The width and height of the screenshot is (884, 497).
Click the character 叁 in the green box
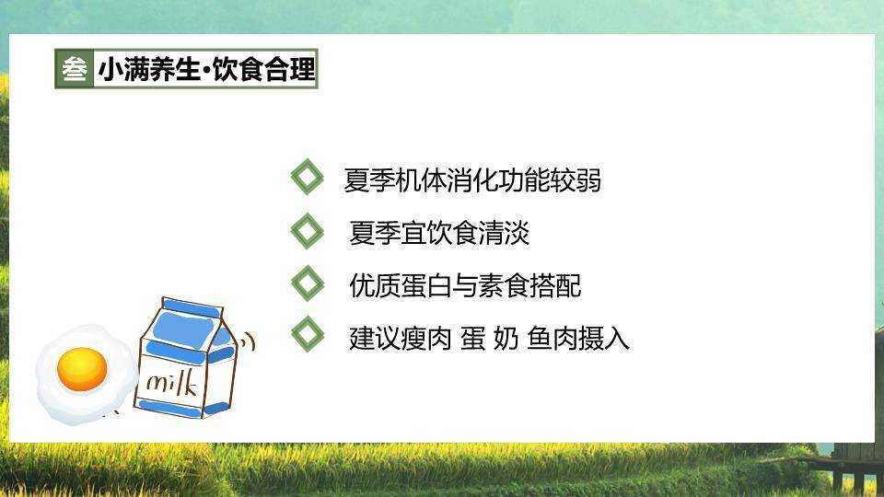click(x=75, y=69)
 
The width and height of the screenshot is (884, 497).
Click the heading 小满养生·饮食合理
click(x=206, y=69)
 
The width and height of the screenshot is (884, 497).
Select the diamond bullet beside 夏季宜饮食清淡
click(x=307, y=230)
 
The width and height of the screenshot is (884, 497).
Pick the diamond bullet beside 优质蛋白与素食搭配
click(x=307, y=283)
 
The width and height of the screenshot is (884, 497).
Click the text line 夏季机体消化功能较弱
click(x=472, y=180)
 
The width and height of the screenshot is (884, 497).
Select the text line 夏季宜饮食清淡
click(x=439, y=234)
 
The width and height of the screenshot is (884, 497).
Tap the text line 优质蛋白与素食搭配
click(x=465, y=286)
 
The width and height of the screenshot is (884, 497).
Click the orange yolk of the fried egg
click(x=82, y=368)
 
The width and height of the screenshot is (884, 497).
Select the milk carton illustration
click(x=184, y=359)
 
